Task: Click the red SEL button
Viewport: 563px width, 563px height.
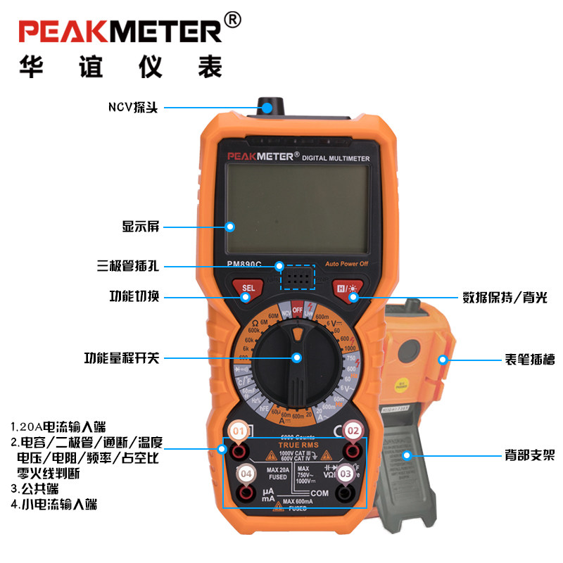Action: point(248,288)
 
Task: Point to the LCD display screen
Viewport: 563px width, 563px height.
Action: point(298,210)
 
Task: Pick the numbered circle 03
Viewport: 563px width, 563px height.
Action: point(346,474)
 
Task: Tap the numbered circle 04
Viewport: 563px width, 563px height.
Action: point(245,474)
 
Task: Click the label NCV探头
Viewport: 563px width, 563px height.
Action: point(133,108)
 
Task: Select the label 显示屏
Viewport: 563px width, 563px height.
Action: point(141,227)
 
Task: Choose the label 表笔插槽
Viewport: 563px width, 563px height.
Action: point(530,360)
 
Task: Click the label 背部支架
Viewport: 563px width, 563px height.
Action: point(530,455)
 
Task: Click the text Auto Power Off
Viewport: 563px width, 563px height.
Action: point(346,265)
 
